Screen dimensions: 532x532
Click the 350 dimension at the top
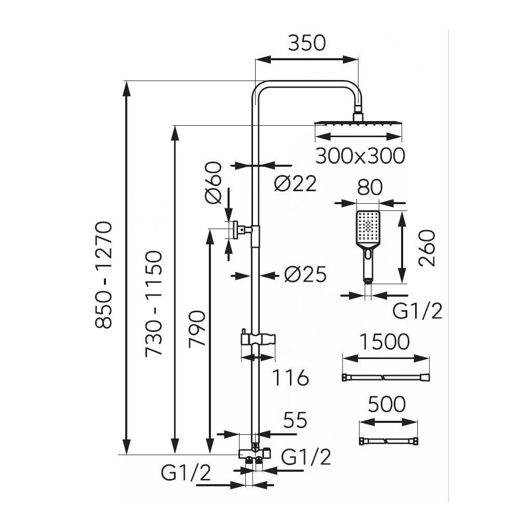coord(307,43)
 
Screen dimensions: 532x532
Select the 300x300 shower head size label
coord(360,156)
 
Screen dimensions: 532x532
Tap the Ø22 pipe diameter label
coord(295,183)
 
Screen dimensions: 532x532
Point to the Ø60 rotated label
coord(214,183)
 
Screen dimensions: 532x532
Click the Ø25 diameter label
coord(305,274)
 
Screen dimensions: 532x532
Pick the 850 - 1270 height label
coord(103,275)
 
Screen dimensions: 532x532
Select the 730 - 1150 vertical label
coord(154,303)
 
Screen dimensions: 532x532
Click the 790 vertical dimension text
coord(197,328)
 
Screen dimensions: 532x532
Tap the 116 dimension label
coord(291,378)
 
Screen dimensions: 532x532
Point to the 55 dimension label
coord(295,420)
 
